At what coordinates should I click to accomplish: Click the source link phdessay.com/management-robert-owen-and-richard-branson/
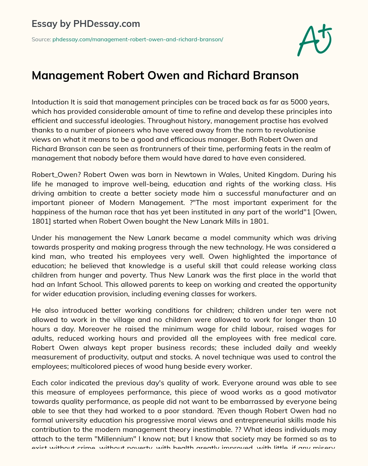click(138, 39)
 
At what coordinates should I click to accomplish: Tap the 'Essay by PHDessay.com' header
click(86, 24)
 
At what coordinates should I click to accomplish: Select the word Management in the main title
click(63, 75)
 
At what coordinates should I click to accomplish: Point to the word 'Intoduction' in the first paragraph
click(50, 102)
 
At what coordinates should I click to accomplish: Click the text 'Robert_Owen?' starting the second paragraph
click(50, 175)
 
